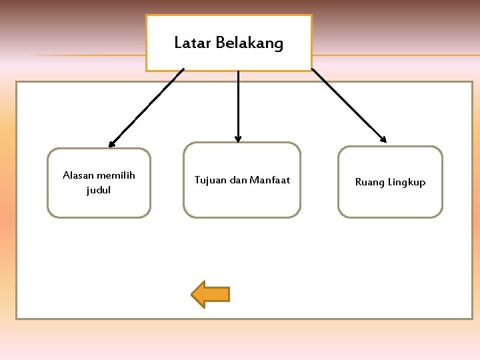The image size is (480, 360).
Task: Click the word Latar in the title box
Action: coord(188,44)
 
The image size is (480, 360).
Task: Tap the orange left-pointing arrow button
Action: coord(211,294)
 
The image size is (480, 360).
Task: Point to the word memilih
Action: coord(115,175)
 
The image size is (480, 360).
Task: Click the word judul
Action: coord(99,191)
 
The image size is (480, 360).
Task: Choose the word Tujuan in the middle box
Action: coord(210,180)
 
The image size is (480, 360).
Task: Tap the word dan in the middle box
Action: coord(238,180)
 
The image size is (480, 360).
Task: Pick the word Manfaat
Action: coord(270,180)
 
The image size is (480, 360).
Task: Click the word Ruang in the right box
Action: coord(369,182)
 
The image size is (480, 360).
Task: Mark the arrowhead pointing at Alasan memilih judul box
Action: coord(112,143)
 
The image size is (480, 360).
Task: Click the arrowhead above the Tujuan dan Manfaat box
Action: coord(238,139)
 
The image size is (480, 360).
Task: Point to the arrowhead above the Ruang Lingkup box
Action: coord(383,139)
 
